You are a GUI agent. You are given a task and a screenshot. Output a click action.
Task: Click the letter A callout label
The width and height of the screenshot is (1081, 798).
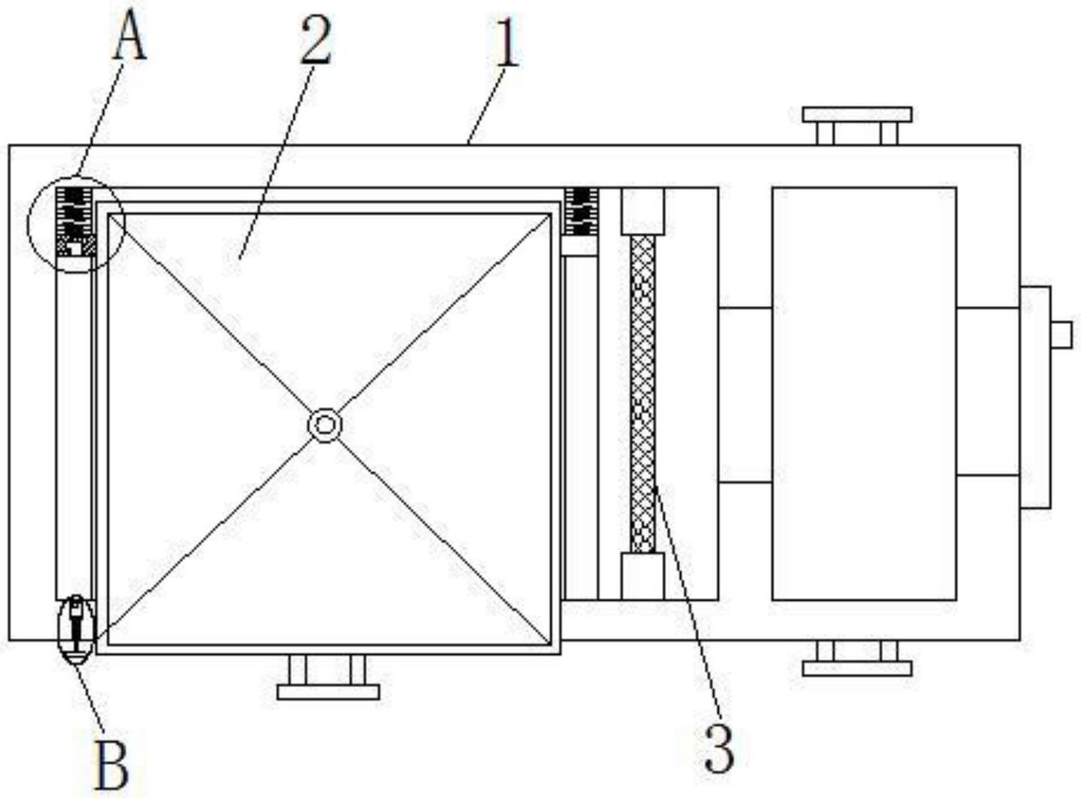129,41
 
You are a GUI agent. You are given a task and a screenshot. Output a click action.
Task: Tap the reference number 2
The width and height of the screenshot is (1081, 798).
316,41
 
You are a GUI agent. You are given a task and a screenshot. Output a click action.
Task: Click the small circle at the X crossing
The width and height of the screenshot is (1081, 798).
325,426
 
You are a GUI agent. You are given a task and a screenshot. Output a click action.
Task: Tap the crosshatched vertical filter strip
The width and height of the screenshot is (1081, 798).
643,394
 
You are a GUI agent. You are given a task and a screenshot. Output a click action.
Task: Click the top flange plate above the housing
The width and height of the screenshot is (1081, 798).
857,115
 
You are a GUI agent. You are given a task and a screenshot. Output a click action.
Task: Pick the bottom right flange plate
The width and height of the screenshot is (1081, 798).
857,668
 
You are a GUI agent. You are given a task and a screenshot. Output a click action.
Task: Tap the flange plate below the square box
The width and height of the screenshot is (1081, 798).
328,693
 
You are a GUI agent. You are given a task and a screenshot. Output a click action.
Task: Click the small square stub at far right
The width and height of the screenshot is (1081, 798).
1061,335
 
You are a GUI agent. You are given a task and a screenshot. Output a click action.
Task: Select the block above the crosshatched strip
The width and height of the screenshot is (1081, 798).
643,211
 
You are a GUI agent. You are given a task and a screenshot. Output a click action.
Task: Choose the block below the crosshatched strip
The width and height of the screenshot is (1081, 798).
643,576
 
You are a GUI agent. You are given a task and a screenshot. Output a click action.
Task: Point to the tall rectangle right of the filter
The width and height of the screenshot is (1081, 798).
864,394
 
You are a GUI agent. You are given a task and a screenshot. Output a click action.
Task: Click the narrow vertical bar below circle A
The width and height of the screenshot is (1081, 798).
74,428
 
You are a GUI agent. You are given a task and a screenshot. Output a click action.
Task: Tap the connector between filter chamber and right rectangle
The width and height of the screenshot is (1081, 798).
745,396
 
